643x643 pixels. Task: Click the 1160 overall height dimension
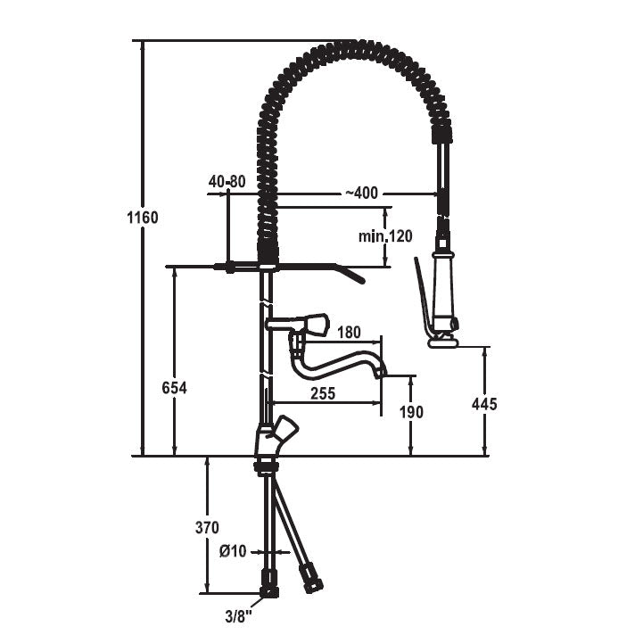pos(143,218)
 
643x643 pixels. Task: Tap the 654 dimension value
pos(174,388)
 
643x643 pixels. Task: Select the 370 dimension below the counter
pos(207,527)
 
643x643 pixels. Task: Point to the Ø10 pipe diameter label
pos(233,551)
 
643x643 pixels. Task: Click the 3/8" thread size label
pos(238,617)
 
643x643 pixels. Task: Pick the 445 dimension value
pos(484,404)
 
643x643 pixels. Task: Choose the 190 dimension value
pos(411,412)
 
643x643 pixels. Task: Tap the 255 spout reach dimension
pos(323,393)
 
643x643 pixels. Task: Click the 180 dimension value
pos(349,332)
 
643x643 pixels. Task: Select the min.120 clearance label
pos(385,236)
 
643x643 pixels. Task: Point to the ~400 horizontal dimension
pos(361,193)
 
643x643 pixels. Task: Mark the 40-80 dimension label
pos(227,181)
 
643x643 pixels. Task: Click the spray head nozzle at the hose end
pos(443,342)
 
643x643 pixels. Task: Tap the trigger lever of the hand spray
pos(424,295)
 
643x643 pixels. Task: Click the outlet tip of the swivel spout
pos(382,372)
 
